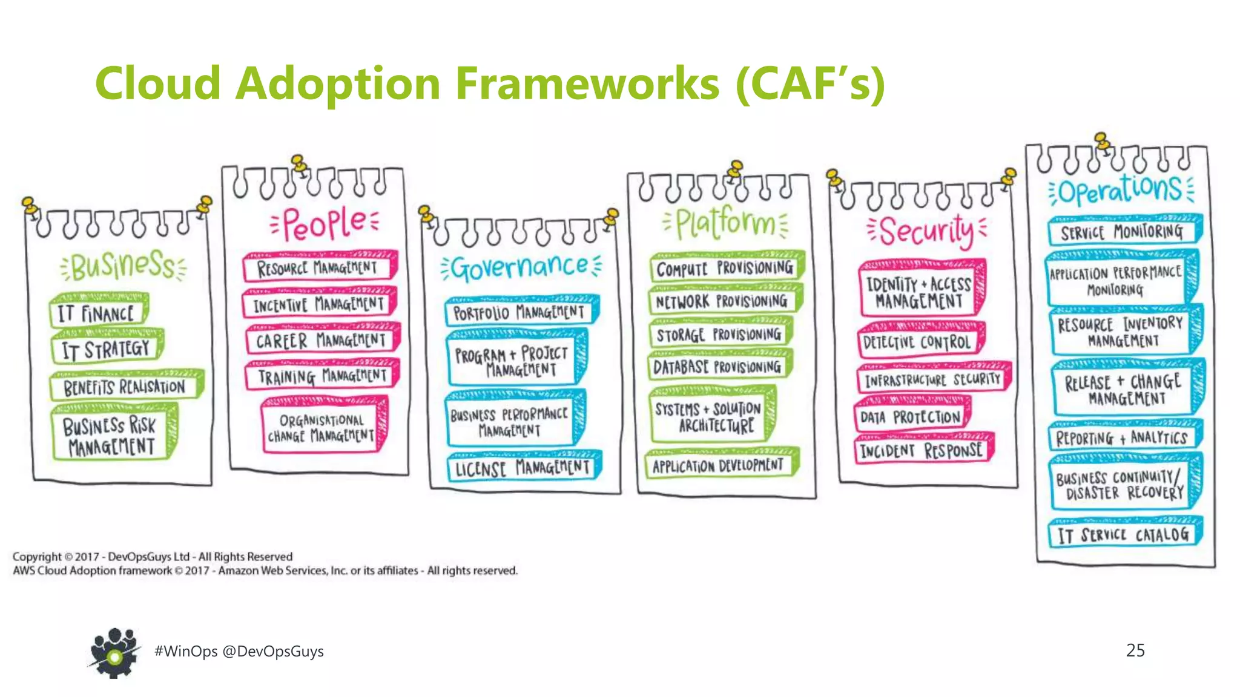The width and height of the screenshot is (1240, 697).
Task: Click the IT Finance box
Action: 97,313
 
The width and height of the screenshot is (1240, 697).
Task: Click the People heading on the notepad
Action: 325,223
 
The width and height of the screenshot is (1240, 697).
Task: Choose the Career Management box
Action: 321,341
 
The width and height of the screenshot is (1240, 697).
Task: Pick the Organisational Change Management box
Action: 322,428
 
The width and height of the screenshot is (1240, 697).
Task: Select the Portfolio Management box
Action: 519,312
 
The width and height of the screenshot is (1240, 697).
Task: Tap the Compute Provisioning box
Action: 725,268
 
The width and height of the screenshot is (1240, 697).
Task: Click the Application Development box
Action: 718,465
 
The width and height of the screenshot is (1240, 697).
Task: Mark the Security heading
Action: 926,231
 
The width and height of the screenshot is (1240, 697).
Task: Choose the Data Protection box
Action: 910,417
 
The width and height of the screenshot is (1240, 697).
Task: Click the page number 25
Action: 1135,650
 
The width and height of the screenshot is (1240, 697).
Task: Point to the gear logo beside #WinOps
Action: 114,652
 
